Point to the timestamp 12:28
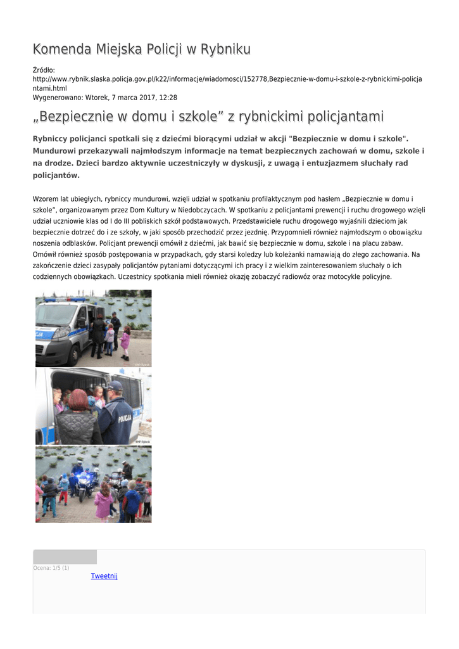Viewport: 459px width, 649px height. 168,98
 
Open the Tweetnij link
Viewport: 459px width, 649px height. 104,576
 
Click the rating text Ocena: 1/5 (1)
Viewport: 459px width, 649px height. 51,568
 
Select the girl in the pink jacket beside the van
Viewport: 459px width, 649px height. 125,340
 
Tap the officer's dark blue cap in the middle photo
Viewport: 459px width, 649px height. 115,385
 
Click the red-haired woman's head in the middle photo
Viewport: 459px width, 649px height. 79,399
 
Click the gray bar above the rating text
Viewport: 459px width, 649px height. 65,557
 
